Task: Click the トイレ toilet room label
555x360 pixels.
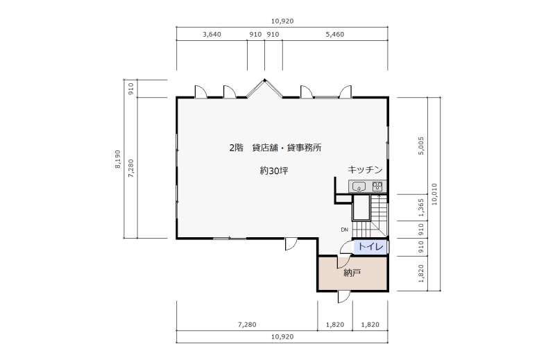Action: click(x=371, y=247)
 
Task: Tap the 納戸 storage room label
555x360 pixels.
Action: click(x=352, y=273)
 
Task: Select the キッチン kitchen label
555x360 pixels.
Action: click(x=365, y=169)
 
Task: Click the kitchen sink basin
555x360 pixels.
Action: click(x=359, y=187)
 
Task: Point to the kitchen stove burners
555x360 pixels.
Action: click(x=377, y=187)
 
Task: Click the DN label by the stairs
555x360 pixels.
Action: click(x=344, y=230)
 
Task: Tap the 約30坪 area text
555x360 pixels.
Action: click(x=274, y=171)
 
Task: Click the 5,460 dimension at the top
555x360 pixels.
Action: click(x=334, y=35)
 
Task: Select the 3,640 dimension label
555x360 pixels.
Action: click(x=212, y=35)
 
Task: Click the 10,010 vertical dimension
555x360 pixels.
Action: click(x=434, y=194)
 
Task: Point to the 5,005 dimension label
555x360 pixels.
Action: click(x=421, y=146)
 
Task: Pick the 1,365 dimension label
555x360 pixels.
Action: click(x=421, y=208)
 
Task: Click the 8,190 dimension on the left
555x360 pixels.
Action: click(x=117, y=160)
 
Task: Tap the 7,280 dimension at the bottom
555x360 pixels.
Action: click(x=247, y=324)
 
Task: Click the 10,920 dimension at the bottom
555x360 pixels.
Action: click(x=282, y=336)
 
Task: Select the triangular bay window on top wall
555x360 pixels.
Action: click(x=264, y=88)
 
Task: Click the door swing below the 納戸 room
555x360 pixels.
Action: click(x=343, y=298)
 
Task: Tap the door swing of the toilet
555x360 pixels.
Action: click(x=346, y=248)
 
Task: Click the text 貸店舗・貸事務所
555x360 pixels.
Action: click(x=287, y=148)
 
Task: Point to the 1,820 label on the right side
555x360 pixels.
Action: click(x=421, y=273)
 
